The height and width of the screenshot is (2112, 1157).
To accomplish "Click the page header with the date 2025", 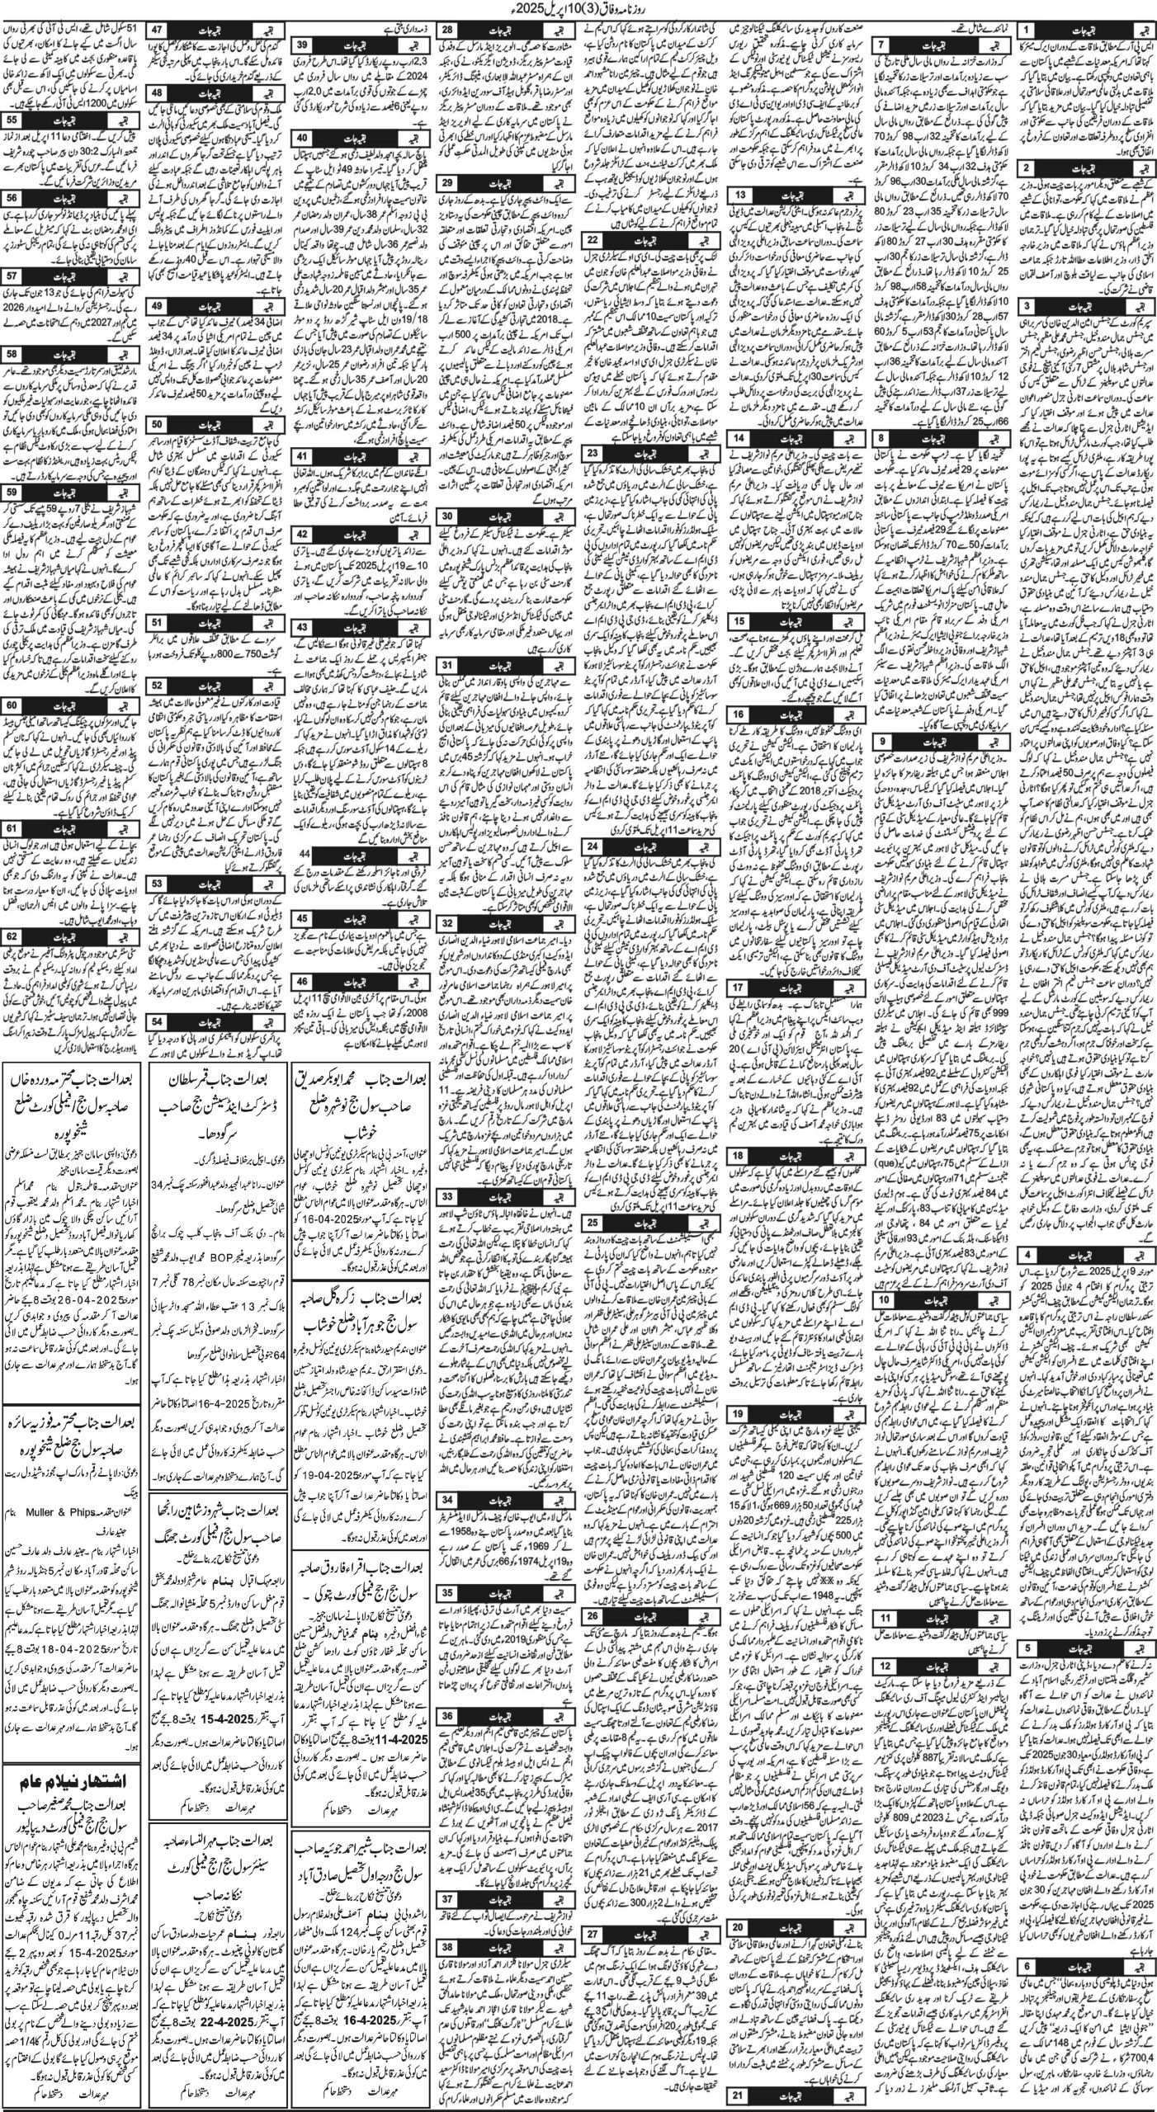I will tap(578, 10).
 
